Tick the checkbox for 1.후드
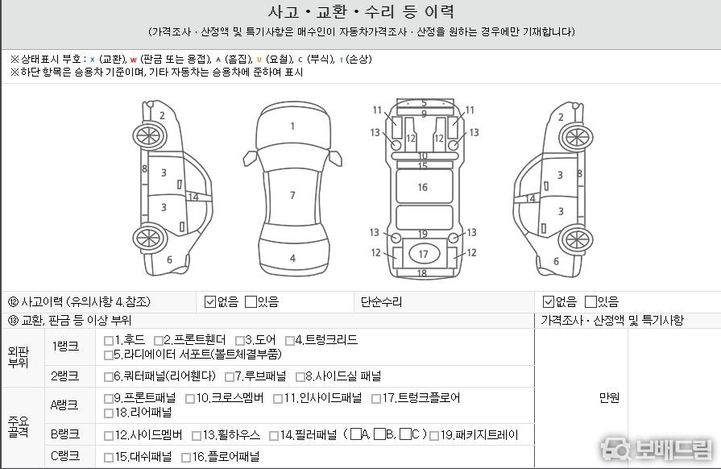click(109, 341)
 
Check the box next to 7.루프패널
click(230, 377)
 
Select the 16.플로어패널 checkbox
click(186, 458)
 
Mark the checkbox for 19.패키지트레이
click(434, 436)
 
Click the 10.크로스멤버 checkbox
click(190, 399)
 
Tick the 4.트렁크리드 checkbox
click(290, 341)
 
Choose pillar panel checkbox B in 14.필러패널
click(379, 434)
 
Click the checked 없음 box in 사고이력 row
click(210, 302)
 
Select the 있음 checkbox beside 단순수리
click(590, 302)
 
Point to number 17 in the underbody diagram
click(424, 255)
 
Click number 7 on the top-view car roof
click(292, 195)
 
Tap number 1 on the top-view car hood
click(292, 126)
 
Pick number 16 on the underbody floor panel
click(423, 187)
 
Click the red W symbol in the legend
click(134, 60)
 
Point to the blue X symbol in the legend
click(93, 60)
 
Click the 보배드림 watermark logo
click(657, 449)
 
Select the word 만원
click(609, 398)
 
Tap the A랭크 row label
click(64, 405)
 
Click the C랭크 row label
click(65, 455)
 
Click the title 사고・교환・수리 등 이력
click(362, 11)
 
